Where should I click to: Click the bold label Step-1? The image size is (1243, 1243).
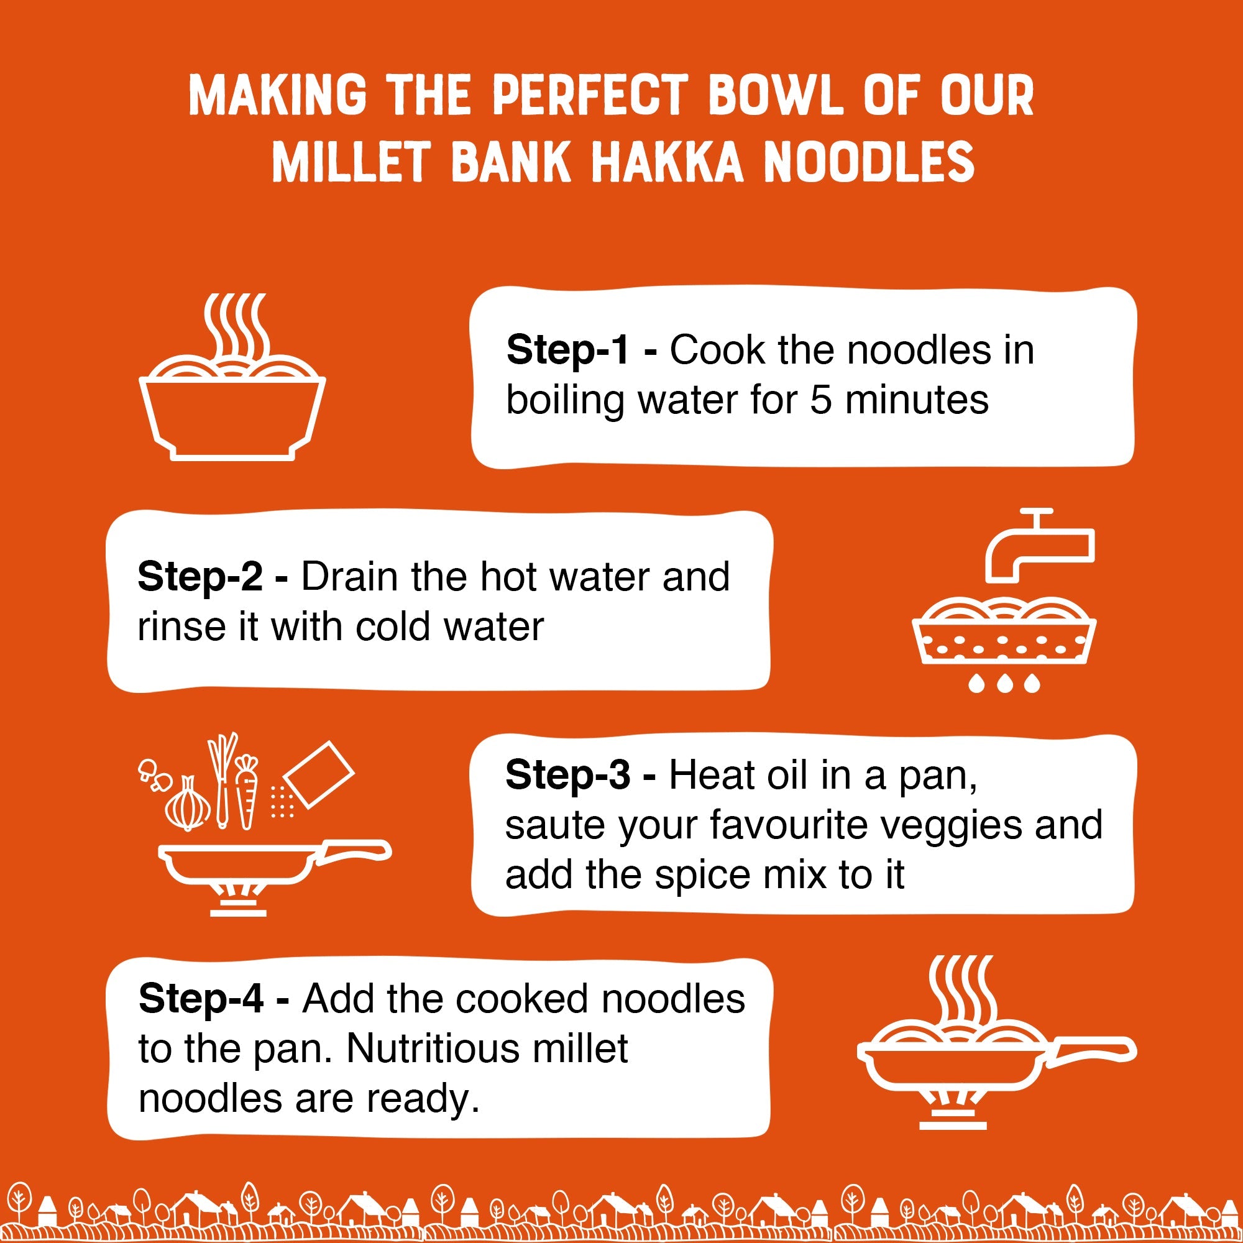567,351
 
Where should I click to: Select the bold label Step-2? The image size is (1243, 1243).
200,577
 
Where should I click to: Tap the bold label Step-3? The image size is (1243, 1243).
567,774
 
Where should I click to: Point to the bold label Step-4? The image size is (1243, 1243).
200,999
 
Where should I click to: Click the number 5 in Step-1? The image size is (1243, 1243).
820,400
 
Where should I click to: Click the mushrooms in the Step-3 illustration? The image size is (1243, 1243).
154,773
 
